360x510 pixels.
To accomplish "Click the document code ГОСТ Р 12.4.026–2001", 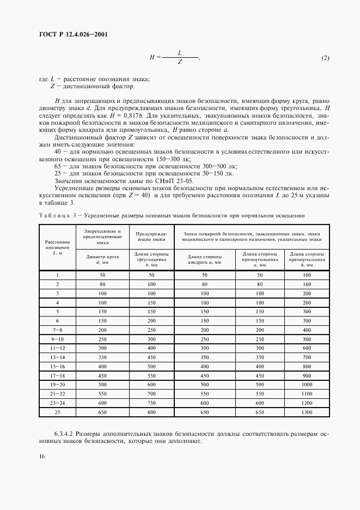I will point(72,35).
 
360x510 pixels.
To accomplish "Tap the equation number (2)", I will point(325,58).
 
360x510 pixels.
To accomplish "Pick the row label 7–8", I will point(57,330).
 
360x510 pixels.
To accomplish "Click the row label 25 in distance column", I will point(57,412).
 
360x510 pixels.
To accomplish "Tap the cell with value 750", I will point(151,403).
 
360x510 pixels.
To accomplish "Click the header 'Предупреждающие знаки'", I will point(151,235).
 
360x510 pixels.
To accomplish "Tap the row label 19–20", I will point(57,385).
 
